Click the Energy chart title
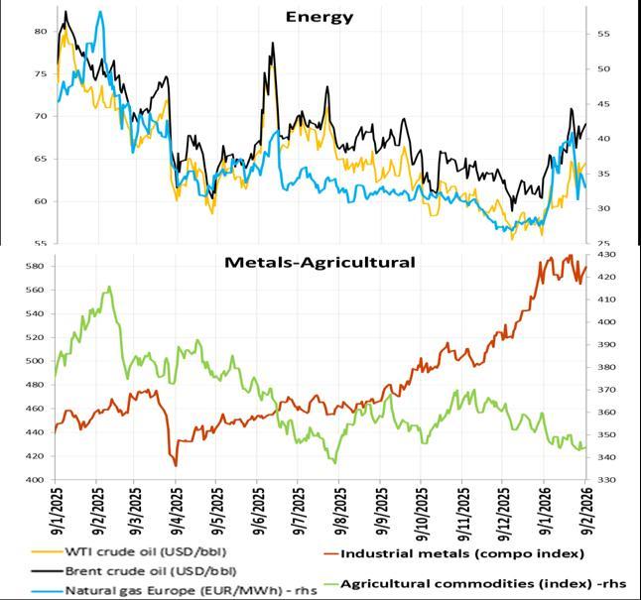[320, 16]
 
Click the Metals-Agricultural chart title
[320, 263]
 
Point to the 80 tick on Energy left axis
[41, 32]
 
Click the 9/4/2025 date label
[176, 510]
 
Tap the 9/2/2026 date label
[582, 510]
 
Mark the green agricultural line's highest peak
[108, 288]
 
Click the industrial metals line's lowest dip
[176, 465]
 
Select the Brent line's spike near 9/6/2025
[272, 44]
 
